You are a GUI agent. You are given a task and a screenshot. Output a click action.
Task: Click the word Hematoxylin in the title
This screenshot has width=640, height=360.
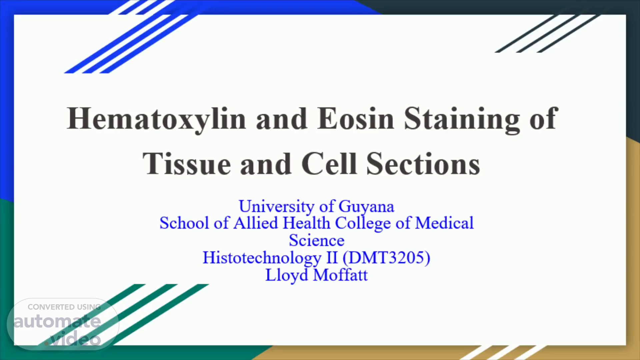156,119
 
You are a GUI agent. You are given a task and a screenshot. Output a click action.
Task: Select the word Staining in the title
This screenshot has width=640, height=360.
462,119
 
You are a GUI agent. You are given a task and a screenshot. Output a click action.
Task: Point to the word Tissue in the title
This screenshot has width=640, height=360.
187,164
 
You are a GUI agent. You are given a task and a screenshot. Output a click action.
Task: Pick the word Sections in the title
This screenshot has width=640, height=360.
423,164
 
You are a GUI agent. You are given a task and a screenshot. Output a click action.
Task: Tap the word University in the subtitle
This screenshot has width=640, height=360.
276,207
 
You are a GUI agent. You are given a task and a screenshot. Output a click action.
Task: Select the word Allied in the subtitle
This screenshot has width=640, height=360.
256,223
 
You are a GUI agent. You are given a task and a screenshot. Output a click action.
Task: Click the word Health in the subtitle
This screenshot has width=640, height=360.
306,223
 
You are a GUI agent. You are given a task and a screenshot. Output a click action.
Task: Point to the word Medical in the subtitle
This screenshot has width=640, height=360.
444,223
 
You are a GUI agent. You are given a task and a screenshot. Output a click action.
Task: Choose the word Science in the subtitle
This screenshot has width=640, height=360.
317,240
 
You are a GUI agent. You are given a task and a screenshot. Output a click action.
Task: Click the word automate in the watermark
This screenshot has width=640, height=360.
57,321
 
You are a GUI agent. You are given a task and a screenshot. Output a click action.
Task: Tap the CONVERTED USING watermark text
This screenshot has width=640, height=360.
64,307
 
